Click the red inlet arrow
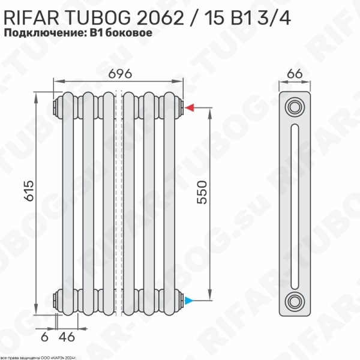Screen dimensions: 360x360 point(189,108)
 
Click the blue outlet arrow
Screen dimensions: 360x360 point(189,299)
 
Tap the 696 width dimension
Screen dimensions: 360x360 point(120,73)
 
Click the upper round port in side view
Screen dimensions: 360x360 point(294,107)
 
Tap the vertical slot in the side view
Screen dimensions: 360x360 point(294,204)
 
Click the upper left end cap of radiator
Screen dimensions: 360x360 point(58,107)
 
